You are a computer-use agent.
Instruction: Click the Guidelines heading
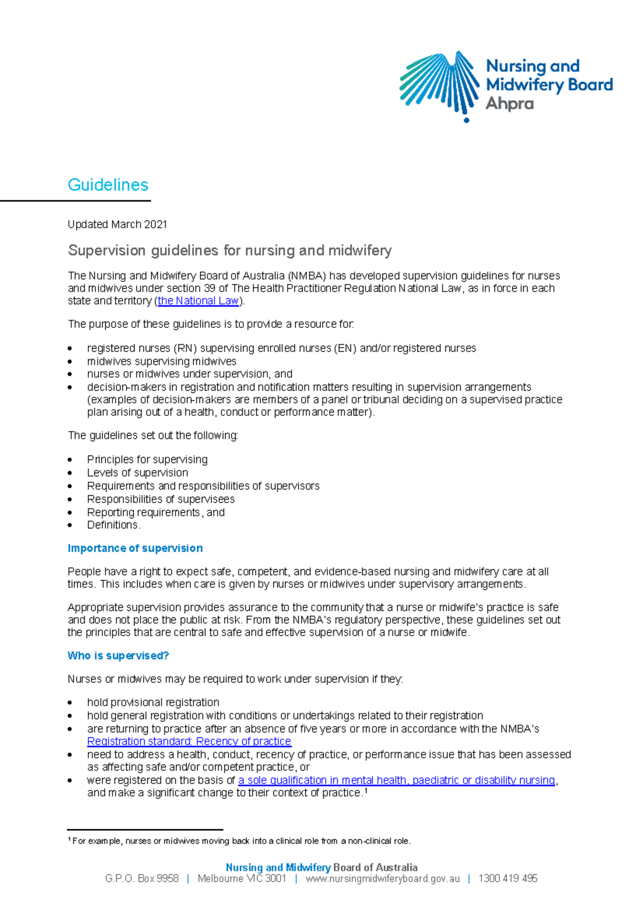(x=108, y=185)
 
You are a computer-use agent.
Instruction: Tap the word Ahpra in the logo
(x=510, y=103)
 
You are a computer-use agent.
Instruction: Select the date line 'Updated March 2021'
(x=117, y=225)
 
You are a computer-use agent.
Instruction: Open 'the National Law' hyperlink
(x=198, y=301)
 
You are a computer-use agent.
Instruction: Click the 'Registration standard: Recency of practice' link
(x=189, y=741)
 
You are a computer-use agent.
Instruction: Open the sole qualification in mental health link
(x=397, y=780)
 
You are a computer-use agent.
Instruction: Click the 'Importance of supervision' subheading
(x=135, y=548)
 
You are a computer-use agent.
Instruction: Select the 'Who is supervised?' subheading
(x=118, y=656)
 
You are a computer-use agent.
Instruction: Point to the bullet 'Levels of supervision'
(x=138, y=473)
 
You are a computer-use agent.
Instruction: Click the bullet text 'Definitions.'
(x=114, y=525)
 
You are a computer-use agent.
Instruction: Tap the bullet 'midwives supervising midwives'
(x=161, y=361)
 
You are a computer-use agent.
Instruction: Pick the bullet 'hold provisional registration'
(x=153, y=702)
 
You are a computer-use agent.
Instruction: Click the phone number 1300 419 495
(x=507, y=878)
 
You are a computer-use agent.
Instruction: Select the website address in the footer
(x=383, y=878)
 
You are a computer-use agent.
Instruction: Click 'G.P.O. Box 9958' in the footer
(x=142, y=878)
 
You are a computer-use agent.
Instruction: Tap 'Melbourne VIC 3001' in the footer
(x=242, y=878)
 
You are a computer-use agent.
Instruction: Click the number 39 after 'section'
(x=210, y=288)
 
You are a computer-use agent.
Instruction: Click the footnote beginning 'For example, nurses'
(x=241, y=841)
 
